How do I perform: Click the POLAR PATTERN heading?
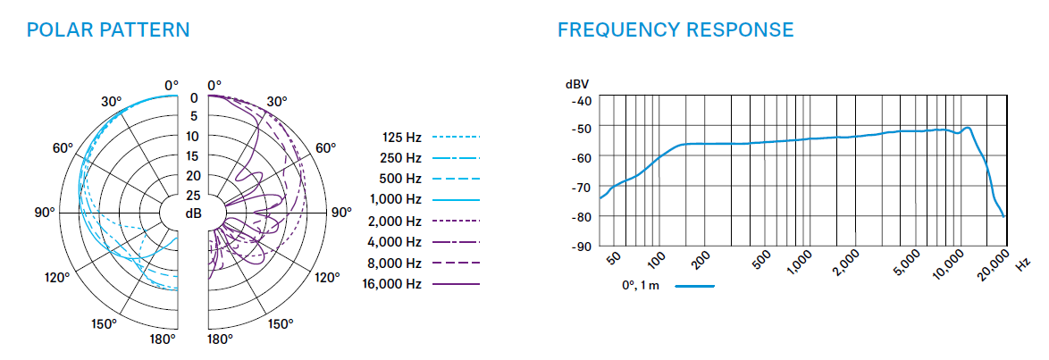click(108, 29)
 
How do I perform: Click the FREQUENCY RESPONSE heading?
click(676, 29)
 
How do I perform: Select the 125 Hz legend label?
click(400, 137)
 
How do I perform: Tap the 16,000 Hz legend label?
click(391, 284)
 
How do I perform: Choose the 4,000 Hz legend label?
click(394, 241)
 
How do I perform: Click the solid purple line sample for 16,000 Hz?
click(457, 284)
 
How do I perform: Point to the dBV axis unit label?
click(577, 83)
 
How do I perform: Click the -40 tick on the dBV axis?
click(581, 99)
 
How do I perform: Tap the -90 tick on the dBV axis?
click(581, 246)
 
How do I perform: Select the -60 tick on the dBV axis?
click(581, 158)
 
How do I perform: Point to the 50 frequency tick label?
click(614, 259)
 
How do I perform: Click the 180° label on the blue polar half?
click(163, 339)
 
